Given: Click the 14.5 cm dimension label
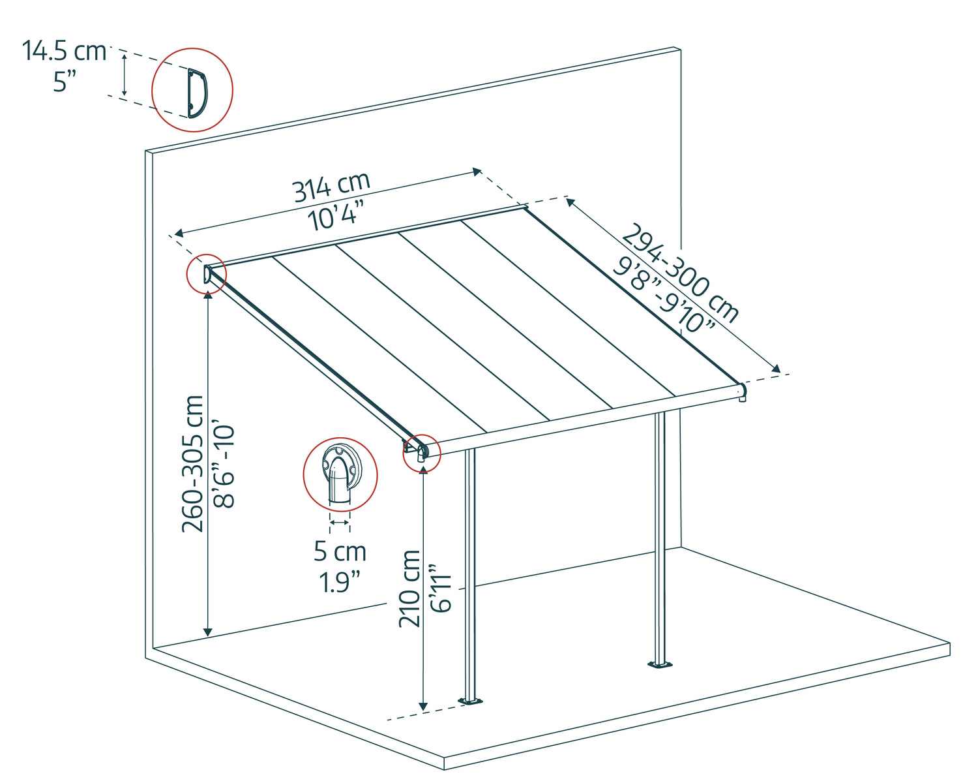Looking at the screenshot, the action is pos(64,51).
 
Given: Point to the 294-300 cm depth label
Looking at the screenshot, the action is pos(680,273).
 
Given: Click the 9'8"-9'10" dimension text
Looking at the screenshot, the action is pos(663,294).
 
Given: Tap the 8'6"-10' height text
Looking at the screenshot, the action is pos(224,467).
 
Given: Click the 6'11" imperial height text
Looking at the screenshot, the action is pos(440,589).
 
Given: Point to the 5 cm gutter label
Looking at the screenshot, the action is pos(340,551).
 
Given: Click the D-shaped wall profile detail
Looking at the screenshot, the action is pos(198,93).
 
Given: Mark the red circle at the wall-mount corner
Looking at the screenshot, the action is pos(206,274).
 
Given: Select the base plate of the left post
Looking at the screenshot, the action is pos(470,701).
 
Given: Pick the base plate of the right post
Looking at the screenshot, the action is pos(660,665).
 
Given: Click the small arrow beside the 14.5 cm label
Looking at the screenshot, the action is pos(124,74).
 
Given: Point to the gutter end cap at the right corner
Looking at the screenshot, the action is pos(742,393).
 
